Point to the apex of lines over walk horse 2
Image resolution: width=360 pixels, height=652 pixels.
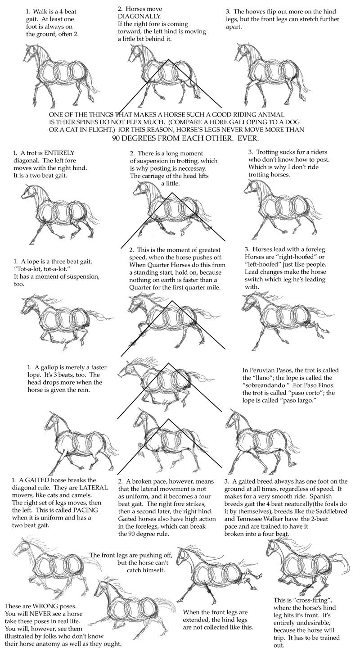tap(169, 59)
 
